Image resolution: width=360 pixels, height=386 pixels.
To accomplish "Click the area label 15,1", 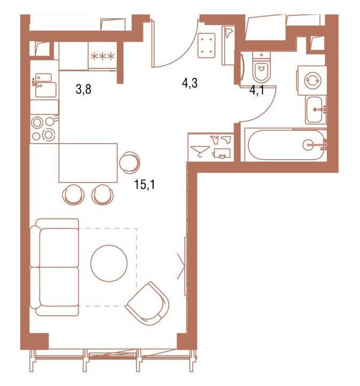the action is point(145,184).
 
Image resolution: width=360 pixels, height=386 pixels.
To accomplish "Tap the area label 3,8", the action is point(84,89).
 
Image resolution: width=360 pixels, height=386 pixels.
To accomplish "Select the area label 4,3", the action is point(189,83).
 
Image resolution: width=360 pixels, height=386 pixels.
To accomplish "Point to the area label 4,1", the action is point(257,90).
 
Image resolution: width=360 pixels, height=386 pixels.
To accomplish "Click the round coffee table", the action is point(109,263).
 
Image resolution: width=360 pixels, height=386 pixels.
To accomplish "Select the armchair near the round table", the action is point(148,304).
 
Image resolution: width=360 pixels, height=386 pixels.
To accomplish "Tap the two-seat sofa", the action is point(54,267).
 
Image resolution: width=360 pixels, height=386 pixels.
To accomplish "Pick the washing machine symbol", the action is point(312,80).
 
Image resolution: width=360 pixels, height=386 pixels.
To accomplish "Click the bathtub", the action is point(286,145).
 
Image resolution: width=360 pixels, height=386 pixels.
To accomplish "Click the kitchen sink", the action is point(44,85).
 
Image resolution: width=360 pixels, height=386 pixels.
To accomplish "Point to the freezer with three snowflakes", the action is point(102,56).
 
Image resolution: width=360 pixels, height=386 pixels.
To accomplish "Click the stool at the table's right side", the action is point(130,162).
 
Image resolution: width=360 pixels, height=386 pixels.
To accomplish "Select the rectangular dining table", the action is point(88,163).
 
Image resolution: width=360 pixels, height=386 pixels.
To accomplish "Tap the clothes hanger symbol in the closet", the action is point(200,151).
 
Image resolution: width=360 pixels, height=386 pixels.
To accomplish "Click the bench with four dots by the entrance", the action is point(206,45).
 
